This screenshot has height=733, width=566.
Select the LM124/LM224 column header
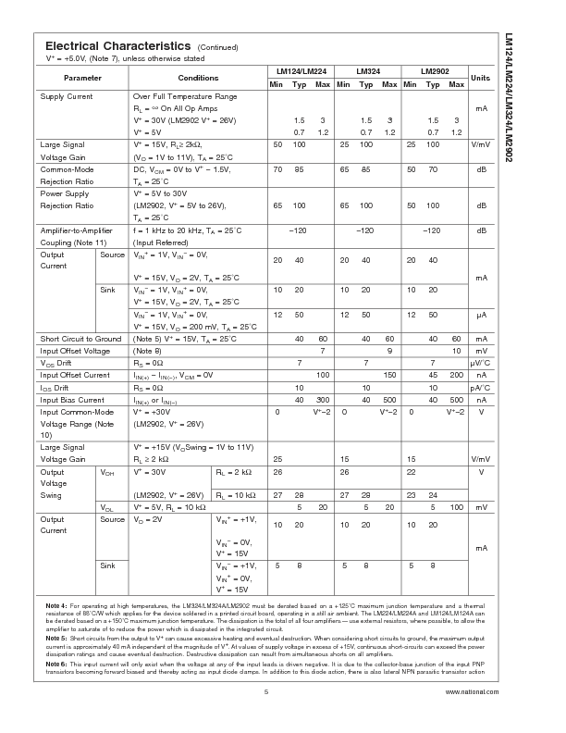click(x=301, y=71)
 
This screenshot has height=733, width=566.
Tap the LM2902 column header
click(x=435, y=71)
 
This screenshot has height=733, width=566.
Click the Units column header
click(x=481, y=78)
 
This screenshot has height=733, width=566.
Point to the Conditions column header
click(x=198, y=78)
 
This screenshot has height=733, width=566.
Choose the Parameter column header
click(x=83, y=78)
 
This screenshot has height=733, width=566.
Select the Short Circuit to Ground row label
click(x=80, y=339)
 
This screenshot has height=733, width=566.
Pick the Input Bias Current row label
click(x=71, y=399)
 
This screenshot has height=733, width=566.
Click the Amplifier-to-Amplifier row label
click(x=76, y=230)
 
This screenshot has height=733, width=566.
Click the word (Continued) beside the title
click(x=217, y=47)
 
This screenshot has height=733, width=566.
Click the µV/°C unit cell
click(x=481, y=363)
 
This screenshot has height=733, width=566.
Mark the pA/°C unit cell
click(x=481, y=387)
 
